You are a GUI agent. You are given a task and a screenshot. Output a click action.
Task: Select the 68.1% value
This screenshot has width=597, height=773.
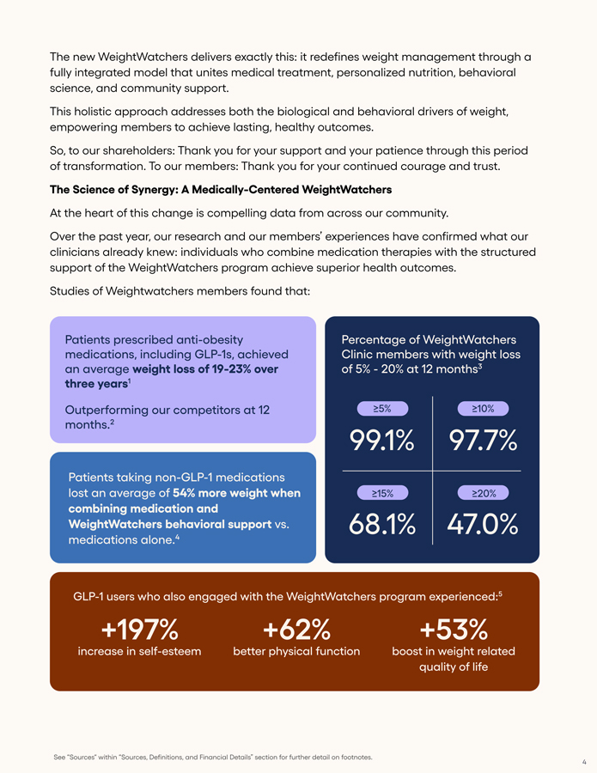point(382,524)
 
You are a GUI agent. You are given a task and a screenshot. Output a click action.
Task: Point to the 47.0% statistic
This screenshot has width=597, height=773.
point(483,524)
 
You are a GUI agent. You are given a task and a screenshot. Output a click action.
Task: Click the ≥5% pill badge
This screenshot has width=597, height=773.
point(382,409)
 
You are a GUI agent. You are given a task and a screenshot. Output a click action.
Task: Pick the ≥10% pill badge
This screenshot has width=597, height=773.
point(484,409)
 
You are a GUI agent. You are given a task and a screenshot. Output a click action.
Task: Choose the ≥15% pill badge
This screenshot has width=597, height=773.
point(382,493)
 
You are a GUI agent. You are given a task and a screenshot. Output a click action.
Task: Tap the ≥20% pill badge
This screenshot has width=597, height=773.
point(484,493)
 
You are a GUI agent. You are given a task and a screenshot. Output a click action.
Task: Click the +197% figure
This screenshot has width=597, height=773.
point(139,630)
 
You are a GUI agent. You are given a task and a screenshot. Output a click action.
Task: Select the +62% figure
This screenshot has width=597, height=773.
point(296,630)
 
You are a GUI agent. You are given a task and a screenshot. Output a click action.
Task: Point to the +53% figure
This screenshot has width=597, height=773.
point(453,630)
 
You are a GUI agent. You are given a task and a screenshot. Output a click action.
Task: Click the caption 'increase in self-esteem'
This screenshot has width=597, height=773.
point(139,651)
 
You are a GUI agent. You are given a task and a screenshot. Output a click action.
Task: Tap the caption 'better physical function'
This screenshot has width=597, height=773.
point(296,651)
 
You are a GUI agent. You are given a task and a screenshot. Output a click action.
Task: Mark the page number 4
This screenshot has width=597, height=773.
point(584,762)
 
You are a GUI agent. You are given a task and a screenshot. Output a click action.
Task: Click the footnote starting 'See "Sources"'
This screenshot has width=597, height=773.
point(213,757)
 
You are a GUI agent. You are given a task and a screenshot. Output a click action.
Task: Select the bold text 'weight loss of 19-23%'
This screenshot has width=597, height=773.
point(198,369)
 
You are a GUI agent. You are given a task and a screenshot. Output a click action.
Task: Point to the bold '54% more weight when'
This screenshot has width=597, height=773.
point(236,493)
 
